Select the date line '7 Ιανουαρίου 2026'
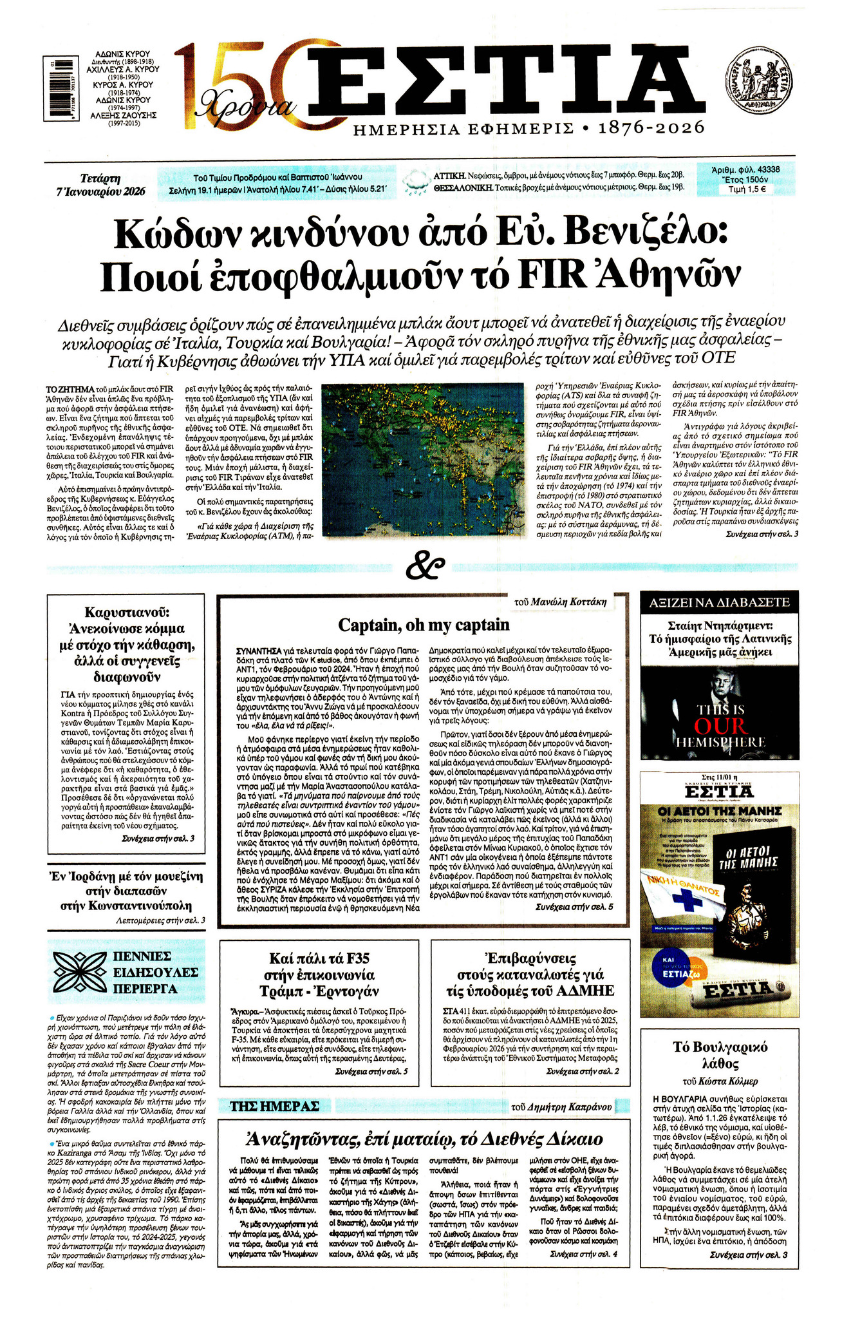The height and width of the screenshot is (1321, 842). point(100,191)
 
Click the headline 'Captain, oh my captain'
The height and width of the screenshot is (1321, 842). point(424,625)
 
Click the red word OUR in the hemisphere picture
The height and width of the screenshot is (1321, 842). point(720,726)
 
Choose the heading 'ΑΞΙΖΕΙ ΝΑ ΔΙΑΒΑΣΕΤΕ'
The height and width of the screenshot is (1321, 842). point(718,603)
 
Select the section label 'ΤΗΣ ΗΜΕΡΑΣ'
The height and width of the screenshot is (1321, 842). point(275,1107)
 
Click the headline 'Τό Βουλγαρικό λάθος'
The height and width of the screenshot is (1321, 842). point(720,1054)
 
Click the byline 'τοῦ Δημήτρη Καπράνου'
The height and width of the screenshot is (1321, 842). point(561,1107)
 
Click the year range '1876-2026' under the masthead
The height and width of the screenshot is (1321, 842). point(651,128)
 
